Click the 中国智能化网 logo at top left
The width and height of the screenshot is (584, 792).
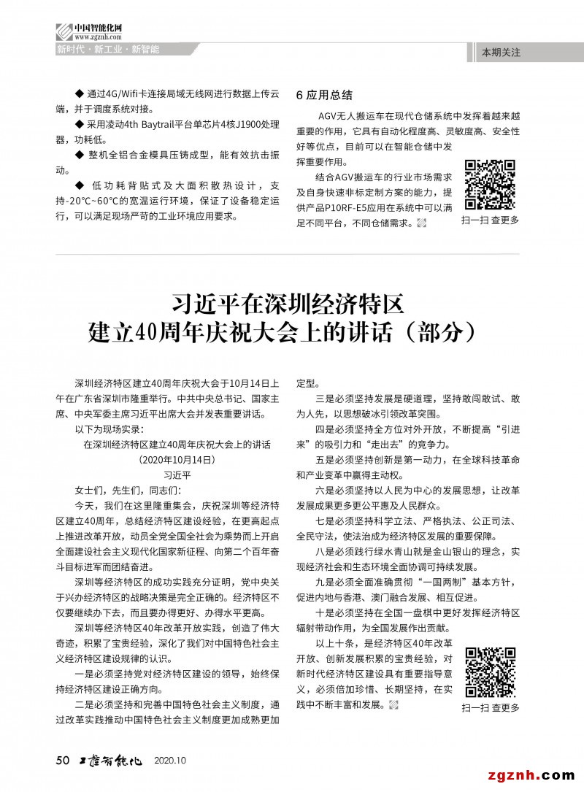click(88, 31)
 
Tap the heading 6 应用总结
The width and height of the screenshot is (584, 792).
click(324, 95)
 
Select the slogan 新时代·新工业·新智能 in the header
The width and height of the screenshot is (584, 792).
click(108, 50)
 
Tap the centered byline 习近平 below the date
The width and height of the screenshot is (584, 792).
click(177, 474)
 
